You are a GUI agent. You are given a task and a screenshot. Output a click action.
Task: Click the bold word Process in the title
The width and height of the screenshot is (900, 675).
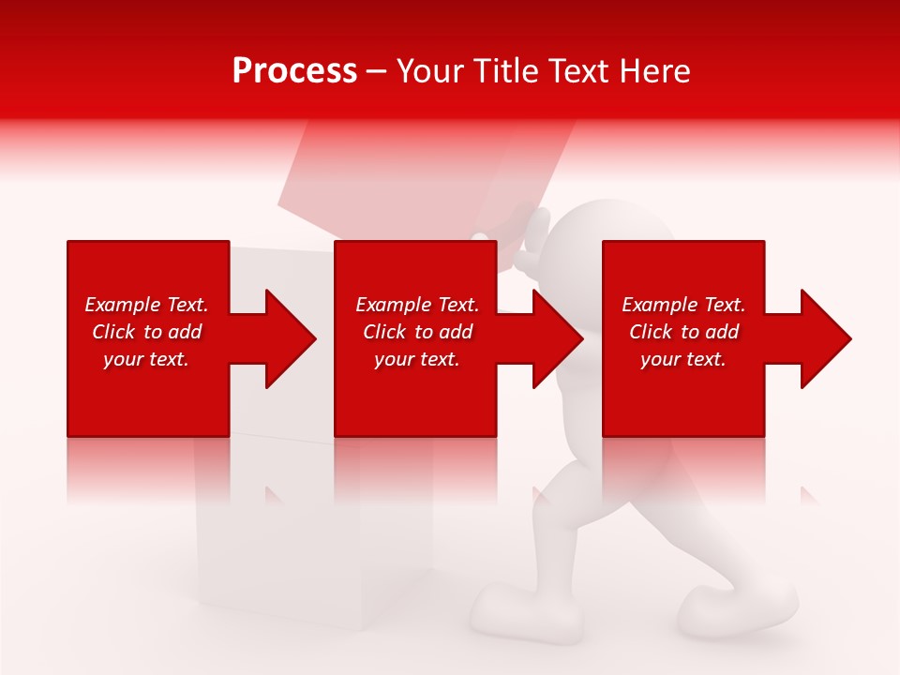coord(294,71)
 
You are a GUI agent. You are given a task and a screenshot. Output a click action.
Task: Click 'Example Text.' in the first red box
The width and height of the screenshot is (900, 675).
coord(146,305)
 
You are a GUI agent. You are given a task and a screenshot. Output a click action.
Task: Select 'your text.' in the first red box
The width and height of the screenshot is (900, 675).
coord(146,359)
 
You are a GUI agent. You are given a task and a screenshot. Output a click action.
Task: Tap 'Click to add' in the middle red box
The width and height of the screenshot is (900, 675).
coord(417,332)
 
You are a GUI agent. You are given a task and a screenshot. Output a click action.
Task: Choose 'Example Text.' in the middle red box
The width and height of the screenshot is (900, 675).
coord(417,305)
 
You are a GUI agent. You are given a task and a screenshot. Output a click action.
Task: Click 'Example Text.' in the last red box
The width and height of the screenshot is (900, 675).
coord(683,305)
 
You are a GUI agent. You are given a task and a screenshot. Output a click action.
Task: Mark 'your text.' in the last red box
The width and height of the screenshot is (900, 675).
coord(683,359)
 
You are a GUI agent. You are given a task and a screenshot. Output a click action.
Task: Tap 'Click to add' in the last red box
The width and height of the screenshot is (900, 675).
coord(683,332)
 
